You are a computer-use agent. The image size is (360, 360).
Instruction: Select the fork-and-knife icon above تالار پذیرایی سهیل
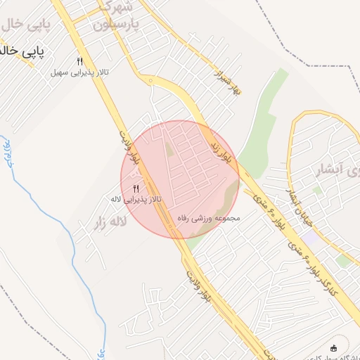79,61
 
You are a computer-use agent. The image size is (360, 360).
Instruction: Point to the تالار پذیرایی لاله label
136,200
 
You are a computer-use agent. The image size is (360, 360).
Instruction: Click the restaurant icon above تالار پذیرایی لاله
136,188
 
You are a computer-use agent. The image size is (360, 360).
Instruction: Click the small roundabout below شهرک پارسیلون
150,81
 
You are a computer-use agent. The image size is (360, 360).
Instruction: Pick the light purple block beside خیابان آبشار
311,237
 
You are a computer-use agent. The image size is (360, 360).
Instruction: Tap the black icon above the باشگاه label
333,347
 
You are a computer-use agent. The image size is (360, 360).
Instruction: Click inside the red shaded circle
190,169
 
